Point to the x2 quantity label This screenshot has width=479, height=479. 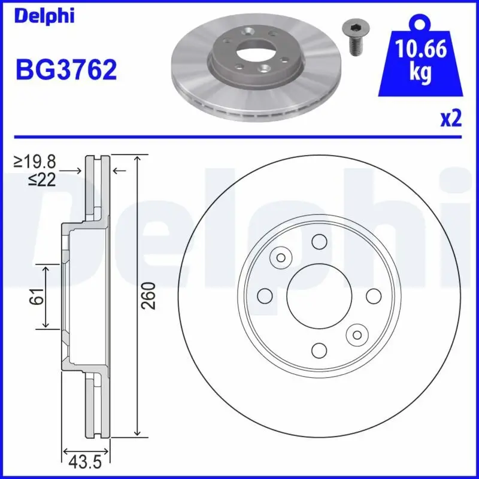point(450,119)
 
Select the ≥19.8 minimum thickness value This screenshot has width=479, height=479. point(37,162)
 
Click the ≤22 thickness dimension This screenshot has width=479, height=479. point(42,178)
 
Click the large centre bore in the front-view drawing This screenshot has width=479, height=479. point(319,296)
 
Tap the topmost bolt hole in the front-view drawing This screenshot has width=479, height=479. point(319,242)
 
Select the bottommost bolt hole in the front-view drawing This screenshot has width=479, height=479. point(319,350)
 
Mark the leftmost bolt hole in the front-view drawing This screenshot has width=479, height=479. point(264,296)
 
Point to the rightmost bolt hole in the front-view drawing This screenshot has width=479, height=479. point(373,296)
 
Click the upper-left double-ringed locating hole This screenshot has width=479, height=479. point(280,257)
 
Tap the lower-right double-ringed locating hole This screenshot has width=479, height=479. point(358,334)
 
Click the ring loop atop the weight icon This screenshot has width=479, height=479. point(421,23)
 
